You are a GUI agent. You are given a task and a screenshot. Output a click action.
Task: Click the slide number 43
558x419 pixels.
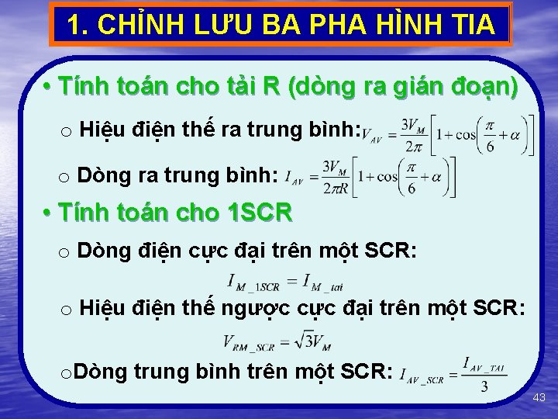[539, 397]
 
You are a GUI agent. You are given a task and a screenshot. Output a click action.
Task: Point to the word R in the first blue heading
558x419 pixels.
[272, 85]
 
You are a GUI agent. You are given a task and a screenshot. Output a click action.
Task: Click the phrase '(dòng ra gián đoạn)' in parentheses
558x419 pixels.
[401, 85]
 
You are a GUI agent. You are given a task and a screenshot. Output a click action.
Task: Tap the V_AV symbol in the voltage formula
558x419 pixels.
[371, 137]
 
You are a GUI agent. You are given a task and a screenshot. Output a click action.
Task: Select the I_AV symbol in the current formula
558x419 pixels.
[294, 178]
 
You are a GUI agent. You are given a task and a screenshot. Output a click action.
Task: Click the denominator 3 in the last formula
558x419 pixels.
[484, 386]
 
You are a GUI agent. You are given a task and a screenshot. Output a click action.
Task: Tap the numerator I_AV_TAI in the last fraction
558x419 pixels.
[484, 363]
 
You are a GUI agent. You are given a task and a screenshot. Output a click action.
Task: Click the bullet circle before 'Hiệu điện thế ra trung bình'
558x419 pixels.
[66, 132]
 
